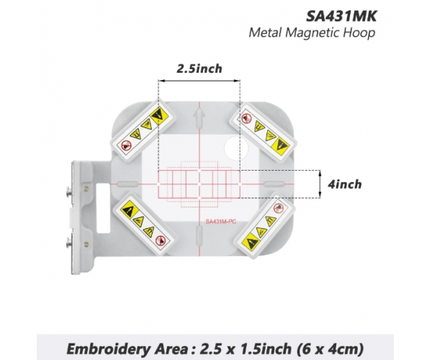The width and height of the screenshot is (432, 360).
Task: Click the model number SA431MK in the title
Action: pyautogui.click(x=341, y=17)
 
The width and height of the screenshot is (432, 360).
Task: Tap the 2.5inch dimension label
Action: pyautogui.click(x=199, y=69)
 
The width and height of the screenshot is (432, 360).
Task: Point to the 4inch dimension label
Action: pyautogui.click(x=345, y=184)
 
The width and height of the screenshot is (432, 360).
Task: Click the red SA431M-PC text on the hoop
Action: pyautogui.click(x=221, y=222)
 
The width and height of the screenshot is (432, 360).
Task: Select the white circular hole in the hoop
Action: pyautogui.click(x=236, y=148)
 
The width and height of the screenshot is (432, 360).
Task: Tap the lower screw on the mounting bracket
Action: pyautogui.click(x=69, y=243)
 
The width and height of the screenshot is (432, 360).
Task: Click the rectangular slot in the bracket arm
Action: pyautogui.click(x=103, y=208)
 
